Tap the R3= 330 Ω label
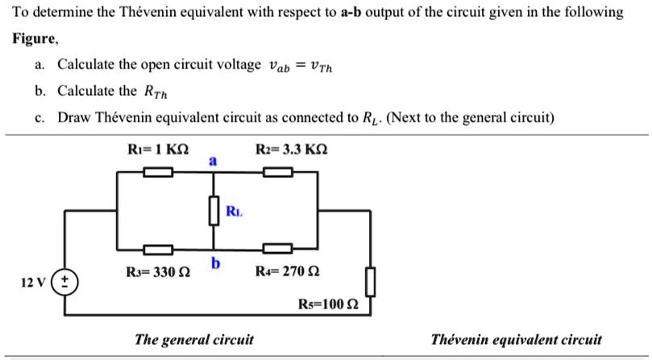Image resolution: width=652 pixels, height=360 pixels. pos(158,271)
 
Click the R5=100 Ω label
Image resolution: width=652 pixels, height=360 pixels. pos(328,304)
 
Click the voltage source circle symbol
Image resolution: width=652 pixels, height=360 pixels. pos(64,283)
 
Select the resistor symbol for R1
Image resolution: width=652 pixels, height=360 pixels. pos(159,171)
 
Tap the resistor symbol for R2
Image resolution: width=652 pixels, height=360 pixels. pos(278,171)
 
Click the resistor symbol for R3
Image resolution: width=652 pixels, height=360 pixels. pos(159,248)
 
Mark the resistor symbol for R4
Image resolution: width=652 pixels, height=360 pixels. pos(278,248)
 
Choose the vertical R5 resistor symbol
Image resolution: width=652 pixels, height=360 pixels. pos(370,281)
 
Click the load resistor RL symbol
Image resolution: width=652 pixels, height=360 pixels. pos(214,211)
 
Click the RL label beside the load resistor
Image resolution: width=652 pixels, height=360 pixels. pos(233,212)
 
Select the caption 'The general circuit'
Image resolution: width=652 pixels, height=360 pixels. pos(193,340)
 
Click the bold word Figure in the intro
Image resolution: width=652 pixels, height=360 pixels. pos(35,38)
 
